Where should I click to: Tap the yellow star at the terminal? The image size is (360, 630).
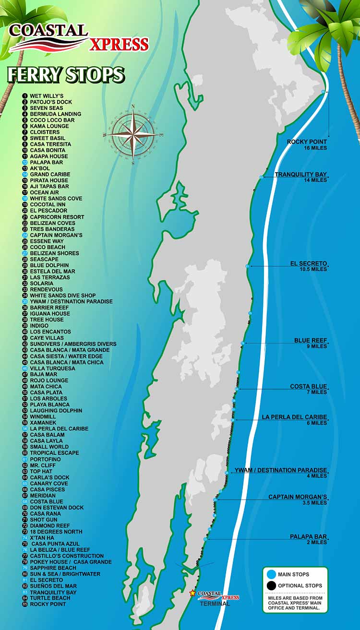(192, 593)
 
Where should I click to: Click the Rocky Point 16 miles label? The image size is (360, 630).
(307, 144)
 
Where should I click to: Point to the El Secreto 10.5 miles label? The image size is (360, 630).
(308, 266)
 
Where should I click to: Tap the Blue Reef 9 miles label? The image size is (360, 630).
(311, 343)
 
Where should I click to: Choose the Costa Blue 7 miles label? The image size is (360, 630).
(308, 389)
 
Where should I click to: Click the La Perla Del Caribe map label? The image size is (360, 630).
(294, 420)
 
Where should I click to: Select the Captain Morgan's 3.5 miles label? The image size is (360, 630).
(298, 499)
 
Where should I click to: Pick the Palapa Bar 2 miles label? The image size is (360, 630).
(308, 539)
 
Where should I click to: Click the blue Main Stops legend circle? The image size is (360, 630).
(272, 574)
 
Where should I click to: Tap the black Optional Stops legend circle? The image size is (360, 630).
(272, 585)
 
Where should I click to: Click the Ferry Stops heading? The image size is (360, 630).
(66, 75)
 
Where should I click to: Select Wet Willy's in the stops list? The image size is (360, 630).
(47, 96)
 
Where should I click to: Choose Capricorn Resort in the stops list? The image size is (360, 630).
(57, 217)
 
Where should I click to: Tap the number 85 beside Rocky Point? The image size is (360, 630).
(25, 604)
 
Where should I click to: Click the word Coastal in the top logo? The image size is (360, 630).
(48, 31)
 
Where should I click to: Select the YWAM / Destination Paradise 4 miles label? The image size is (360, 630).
(280, 473)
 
